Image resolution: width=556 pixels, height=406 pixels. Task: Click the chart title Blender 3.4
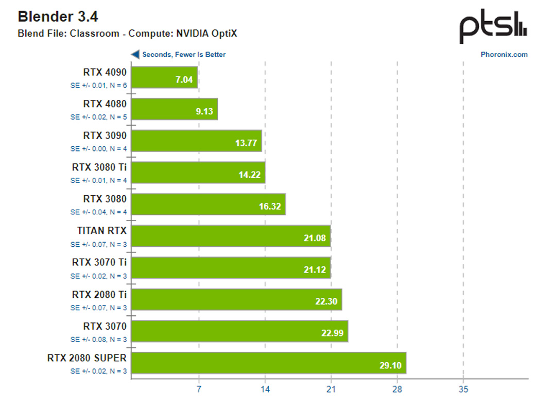pos(58,17)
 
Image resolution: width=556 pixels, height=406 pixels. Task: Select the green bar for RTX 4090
pos(165,77)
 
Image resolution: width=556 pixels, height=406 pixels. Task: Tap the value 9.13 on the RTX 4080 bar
pos(204,111)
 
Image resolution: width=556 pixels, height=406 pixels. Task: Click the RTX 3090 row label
pos(105,135)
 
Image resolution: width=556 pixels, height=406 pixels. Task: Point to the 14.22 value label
pos(250,175)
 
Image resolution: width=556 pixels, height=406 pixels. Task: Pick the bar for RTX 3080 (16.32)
pos(208,205)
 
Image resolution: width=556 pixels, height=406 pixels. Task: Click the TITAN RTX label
pos(101,230)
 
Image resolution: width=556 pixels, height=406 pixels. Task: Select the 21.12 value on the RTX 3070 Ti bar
pos(316,269)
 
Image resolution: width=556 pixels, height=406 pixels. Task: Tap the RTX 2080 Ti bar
pos(237,299)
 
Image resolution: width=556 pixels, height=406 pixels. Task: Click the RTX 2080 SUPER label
pos(86,358)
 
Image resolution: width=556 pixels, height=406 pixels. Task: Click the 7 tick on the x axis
pos(199,390)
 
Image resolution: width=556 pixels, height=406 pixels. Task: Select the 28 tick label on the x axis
pos(397,390)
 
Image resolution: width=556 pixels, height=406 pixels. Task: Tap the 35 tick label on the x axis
pos(463,390)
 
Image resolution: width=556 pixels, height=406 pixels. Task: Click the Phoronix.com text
pos(504,55)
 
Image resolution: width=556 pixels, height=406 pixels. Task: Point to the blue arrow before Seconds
pos(135,54)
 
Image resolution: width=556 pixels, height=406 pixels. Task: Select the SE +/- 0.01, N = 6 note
pos(98,85)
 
